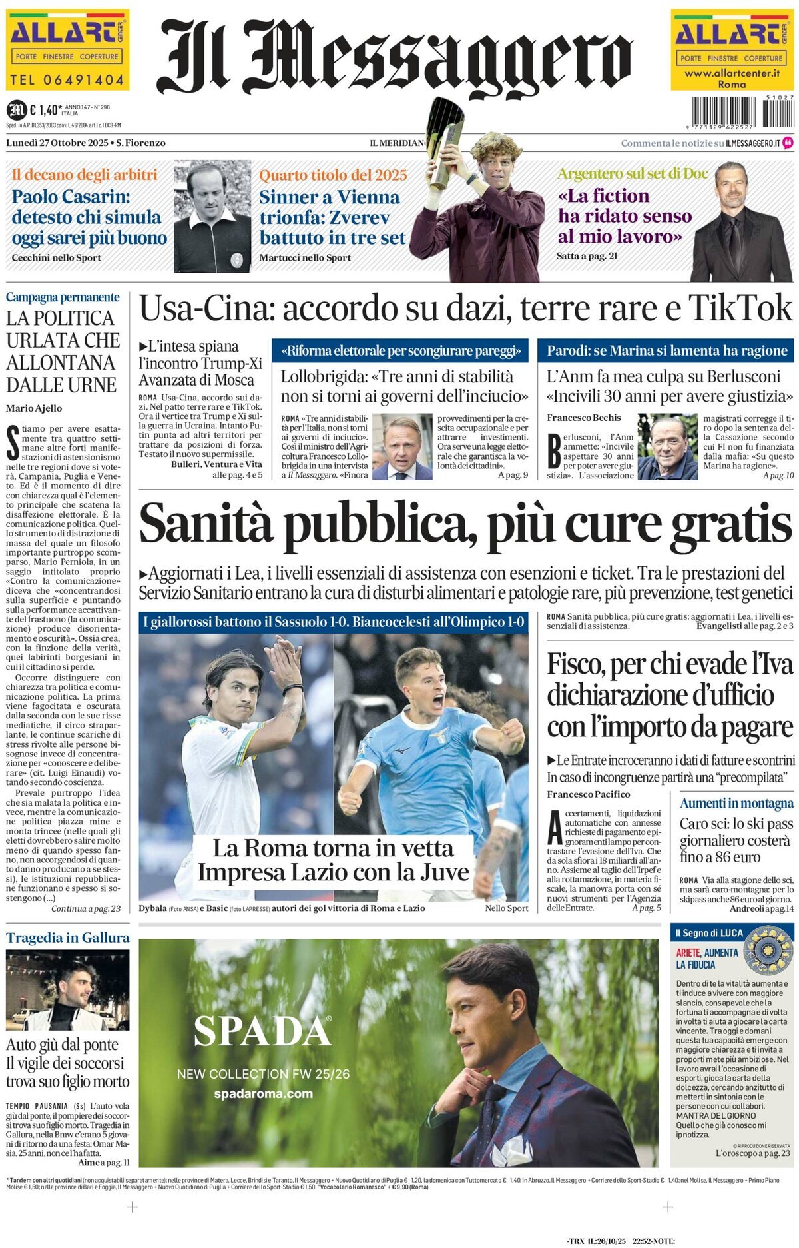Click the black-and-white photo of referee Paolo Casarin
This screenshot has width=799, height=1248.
tap(212, 218)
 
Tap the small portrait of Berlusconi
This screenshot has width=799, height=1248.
tap(666, 446)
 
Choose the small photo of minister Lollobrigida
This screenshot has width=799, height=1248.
tap(401, 447)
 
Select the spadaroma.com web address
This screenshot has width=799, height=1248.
tap(263, 1093)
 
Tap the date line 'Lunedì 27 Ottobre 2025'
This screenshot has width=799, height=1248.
tap(57, 143)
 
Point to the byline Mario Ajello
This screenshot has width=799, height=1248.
tap(34, 408)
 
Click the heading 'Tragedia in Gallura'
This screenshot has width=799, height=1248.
tap(67, 937)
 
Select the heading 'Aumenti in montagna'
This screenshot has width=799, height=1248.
tap(736, 803)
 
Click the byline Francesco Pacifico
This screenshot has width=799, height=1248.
tap(588, 794)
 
